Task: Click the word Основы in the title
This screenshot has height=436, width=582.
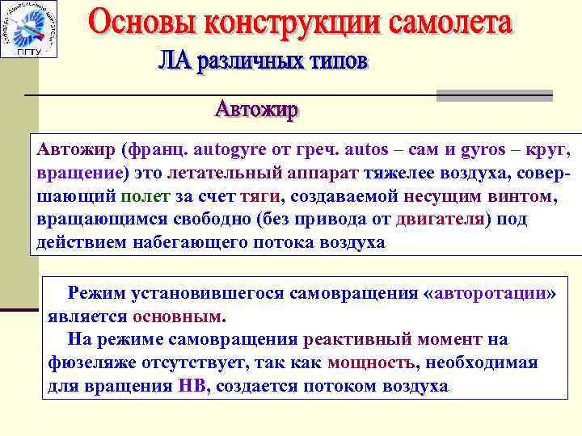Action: [x=142, y=23]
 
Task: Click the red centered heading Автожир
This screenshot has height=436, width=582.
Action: [x=256, y=109]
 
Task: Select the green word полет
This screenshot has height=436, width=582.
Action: [x=145, y=196]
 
